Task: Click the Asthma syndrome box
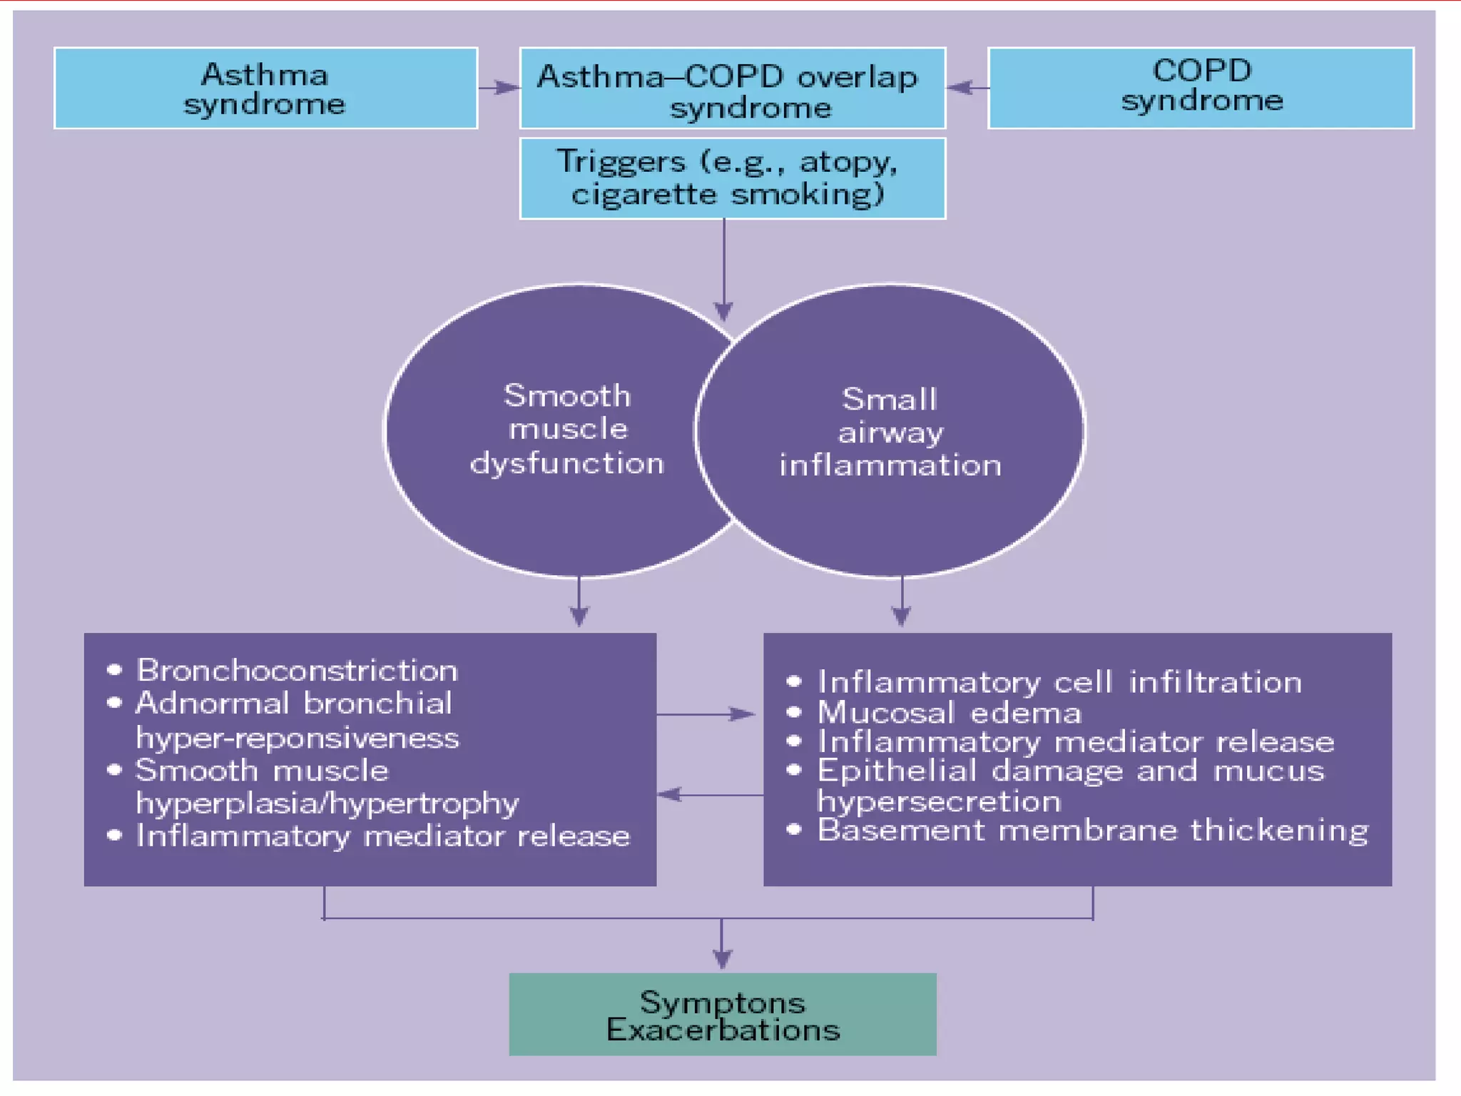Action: pos(265,88)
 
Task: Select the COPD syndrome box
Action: pos(1201,88)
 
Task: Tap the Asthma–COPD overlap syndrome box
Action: pos(733,88)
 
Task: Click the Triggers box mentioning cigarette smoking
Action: pos(733,178)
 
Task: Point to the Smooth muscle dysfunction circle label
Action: pos(567,430)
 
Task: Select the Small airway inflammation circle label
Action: pos(890,432)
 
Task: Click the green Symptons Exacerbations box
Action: pos(722,1014)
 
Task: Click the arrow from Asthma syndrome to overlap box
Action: pos(499,88)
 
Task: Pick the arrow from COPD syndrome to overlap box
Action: pos(967,88)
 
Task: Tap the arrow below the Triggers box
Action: pos(723,271)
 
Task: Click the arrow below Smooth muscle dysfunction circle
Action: pos(579,603)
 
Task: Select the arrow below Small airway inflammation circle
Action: pos(902,603)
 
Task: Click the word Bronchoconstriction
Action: pos(297,671)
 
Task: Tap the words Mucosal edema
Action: pos(949,713)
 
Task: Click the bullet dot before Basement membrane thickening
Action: pos(794,829)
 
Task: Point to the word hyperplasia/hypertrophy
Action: pos(327,803)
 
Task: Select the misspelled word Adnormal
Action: pos(213,704)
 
